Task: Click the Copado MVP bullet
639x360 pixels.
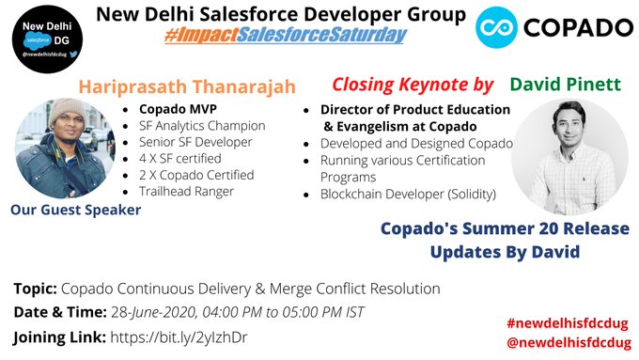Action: click(x=176, y=108)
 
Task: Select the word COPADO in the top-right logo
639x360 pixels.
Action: click(x=578, y=30)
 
